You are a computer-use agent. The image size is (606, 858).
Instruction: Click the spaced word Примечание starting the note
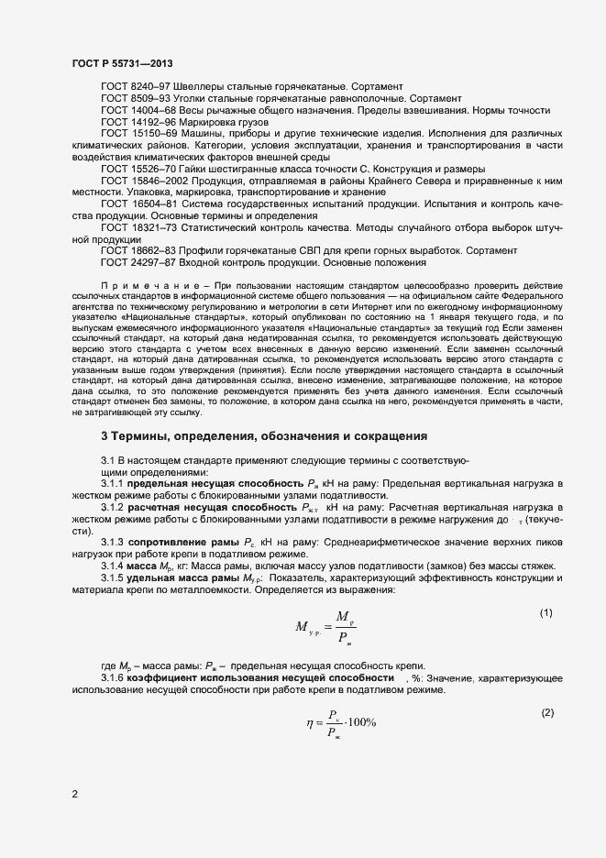(x=138, y=287)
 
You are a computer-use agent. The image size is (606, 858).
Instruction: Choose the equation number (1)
(x=545, y=612)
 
